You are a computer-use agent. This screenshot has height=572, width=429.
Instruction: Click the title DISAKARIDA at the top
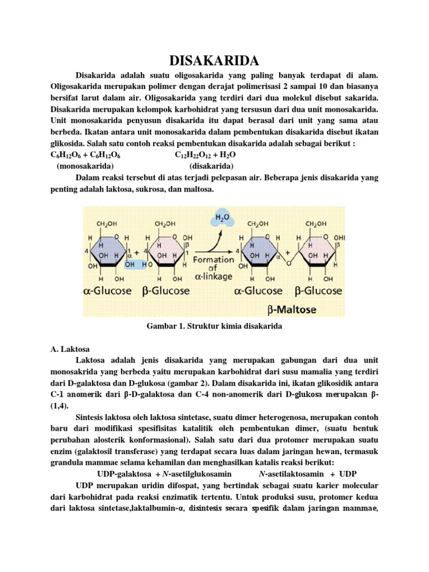214,59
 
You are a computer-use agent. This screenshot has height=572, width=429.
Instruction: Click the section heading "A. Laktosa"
67,349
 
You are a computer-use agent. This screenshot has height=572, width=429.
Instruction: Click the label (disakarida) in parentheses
211,166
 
